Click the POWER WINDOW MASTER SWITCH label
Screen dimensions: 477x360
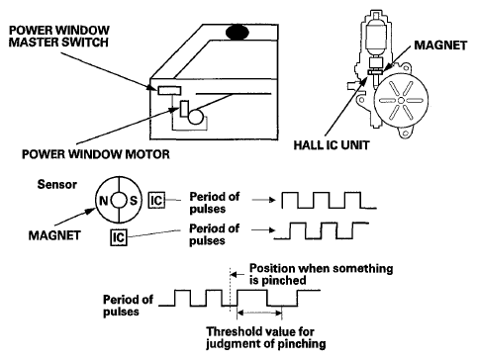click(x=58, y=37)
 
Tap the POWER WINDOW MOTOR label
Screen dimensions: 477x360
click(x=96, y=154)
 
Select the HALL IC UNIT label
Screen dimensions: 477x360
click(x=332, y=145)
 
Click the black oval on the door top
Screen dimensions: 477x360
click(x=238, y=33)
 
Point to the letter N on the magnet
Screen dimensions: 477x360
click(x=104, y=200)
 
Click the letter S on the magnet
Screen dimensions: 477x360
click(x=134, y=200)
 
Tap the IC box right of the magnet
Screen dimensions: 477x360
click(x=156, y=200)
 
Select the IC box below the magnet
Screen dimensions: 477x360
click(x=119, y=237)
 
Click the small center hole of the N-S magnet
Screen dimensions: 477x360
click(x=119, y=200)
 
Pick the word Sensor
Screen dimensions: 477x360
click(x=57, y=184)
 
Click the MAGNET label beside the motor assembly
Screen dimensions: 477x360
click(x=440, y=45)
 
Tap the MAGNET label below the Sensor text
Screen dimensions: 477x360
click(x=54, y=235)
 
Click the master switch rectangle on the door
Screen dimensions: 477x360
click(x=169, y=90)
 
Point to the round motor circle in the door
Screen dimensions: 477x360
click(x=196, y=117)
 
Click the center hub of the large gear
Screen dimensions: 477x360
click(x=401, y=100)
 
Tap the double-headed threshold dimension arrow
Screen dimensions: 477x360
click(x=259, y=313)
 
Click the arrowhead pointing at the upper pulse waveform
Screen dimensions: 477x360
click(x=272, y=200)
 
